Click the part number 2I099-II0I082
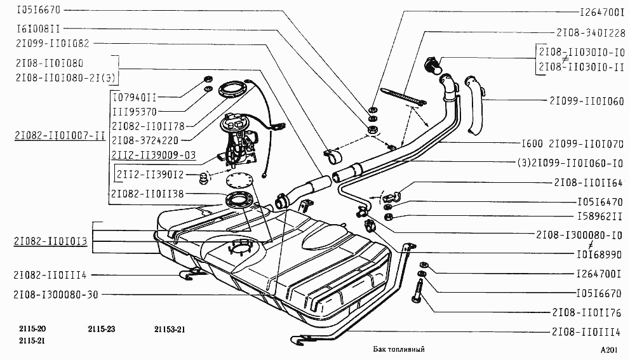pos(53,43)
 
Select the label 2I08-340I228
pos(591,32)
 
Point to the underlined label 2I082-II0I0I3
pos(51,241)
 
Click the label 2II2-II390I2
pos(151,175)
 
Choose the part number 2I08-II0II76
pos(587,312)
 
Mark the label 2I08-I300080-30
pos(56,295)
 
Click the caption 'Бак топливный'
pos(399,349)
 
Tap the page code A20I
pos(609,350)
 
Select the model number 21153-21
pos(170,330)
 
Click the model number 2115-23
pos(101,329)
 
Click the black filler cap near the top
pos(432,65)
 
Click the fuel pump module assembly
pos(238,140)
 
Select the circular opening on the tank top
pos(241,246)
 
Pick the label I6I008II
pos(38,29)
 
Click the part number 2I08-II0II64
pos(589,182)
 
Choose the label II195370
pos(135,112)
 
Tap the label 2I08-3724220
pos(145,140)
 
